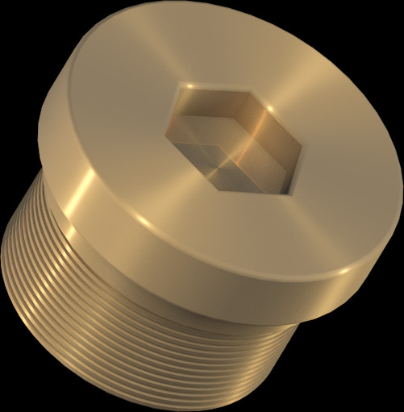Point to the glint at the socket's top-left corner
187,86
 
